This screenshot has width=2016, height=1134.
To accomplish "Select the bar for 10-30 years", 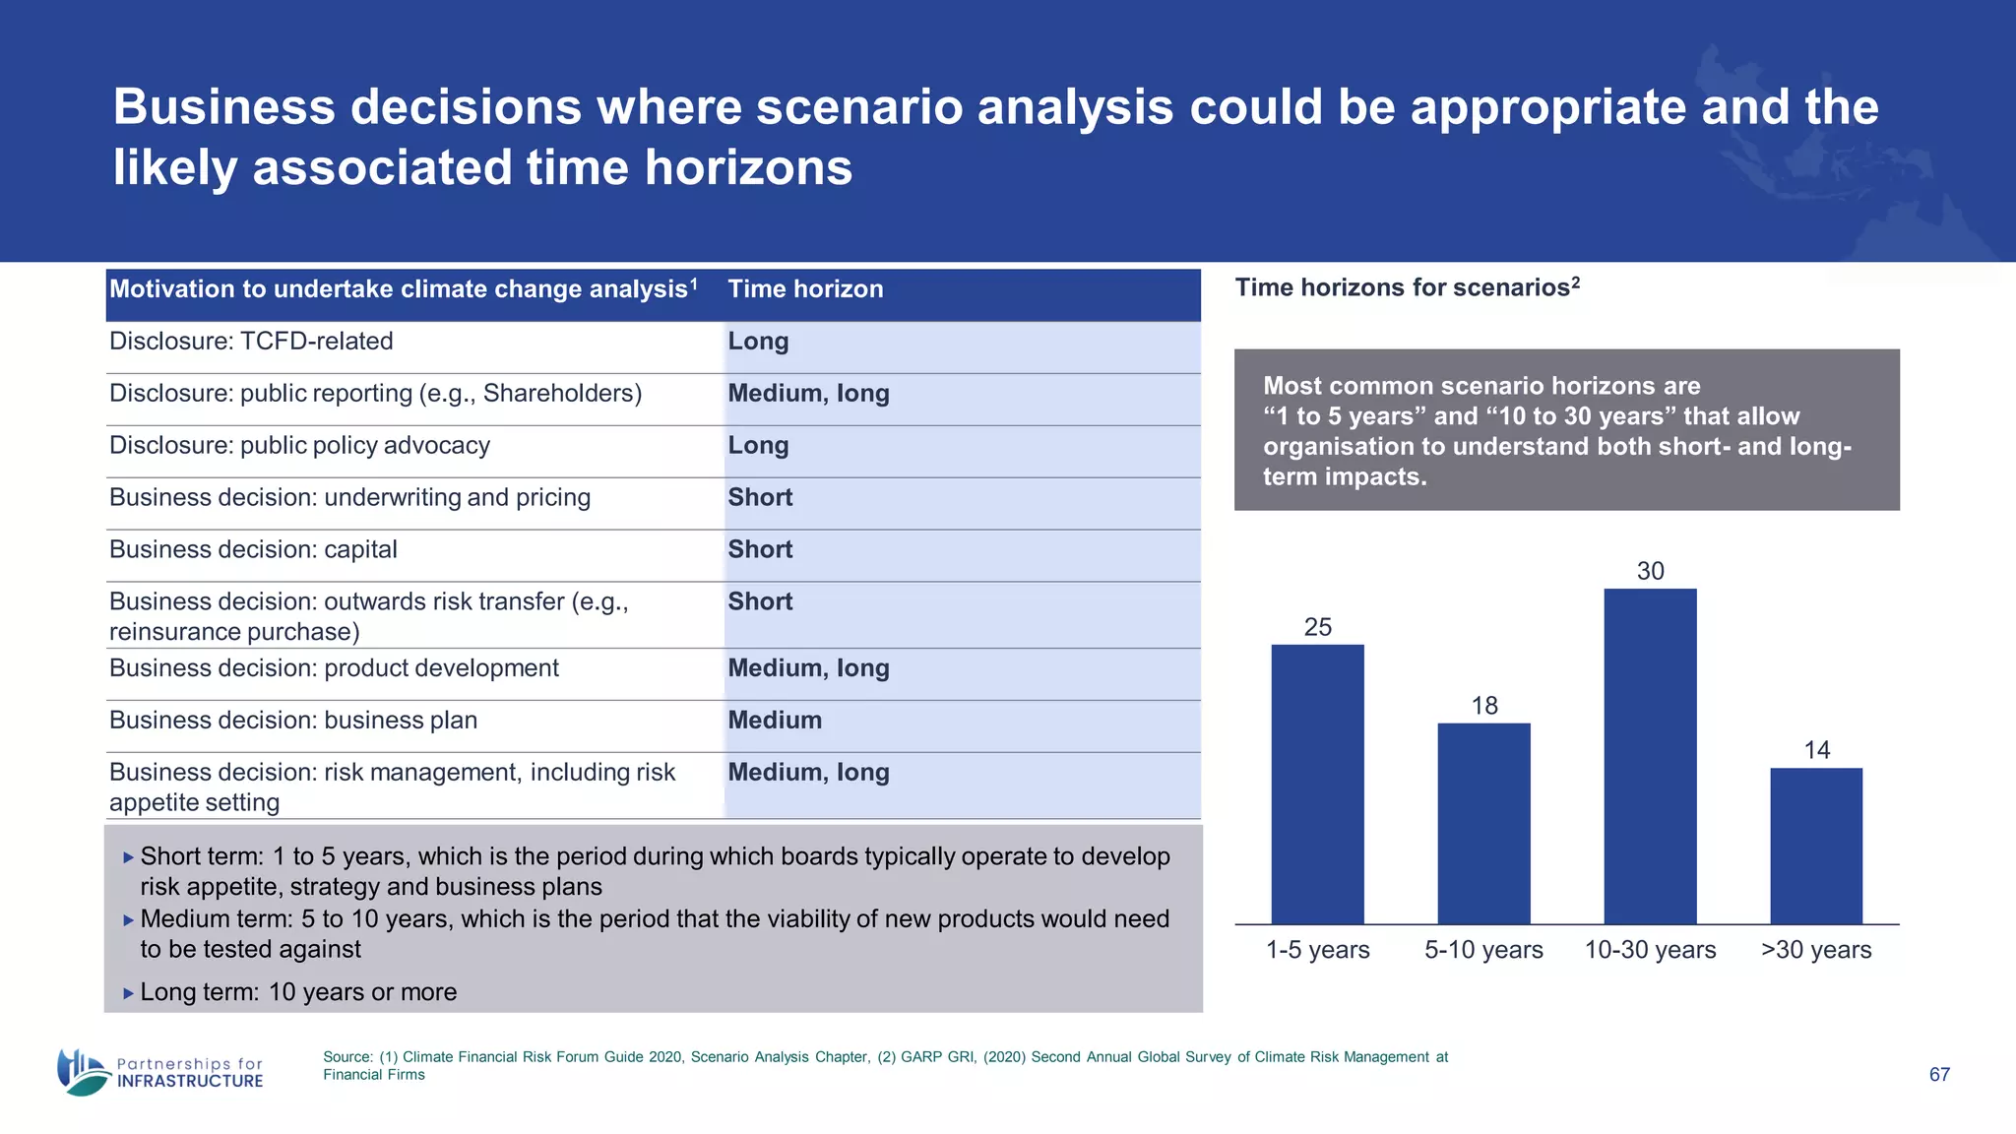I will coord(1650,756).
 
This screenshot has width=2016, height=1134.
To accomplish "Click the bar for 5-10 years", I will coord(1483,823).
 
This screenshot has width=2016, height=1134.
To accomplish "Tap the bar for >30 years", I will coord(1816,846).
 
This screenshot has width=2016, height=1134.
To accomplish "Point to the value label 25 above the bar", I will coord(1317,627).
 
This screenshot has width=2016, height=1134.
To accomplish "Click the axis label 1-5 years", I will coord(1317,950).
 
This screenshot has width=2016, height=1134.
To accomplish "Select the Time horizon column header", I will coord(805,289).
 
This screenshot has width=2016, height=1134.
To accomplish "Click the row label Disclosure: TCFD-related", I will coord(251,342).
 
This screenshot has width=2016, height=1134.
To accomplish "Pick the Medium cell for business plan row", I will coord(775,721).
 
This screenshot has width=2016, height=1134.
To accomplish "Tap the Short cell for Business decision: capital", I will coord(760,549).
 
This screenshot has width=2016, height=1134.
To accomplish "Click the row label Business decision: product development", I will coord(334,668).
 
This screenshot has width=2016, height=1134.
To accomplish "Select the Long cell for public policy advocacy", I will coord(758,446).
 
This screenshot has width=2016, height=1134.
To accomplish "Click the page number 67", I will coord(1938,1075).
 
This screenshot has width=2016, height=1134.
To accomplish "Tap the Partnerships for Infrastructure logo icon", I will coord(83,1072).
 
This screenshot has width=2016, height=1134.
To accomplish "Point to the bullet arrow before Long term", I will coord(128,993).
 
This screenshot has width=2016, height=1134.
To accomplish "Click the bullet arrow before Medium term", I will coord(128,920).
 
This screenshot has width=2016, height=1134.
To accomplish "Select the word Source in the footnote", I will coord(346,1057).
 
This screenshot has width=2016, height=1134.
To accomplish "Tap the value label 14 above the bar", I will coord(1816,750).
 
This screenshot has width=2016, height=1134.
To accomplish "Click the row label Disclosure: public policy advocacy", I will coord(299,446).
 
